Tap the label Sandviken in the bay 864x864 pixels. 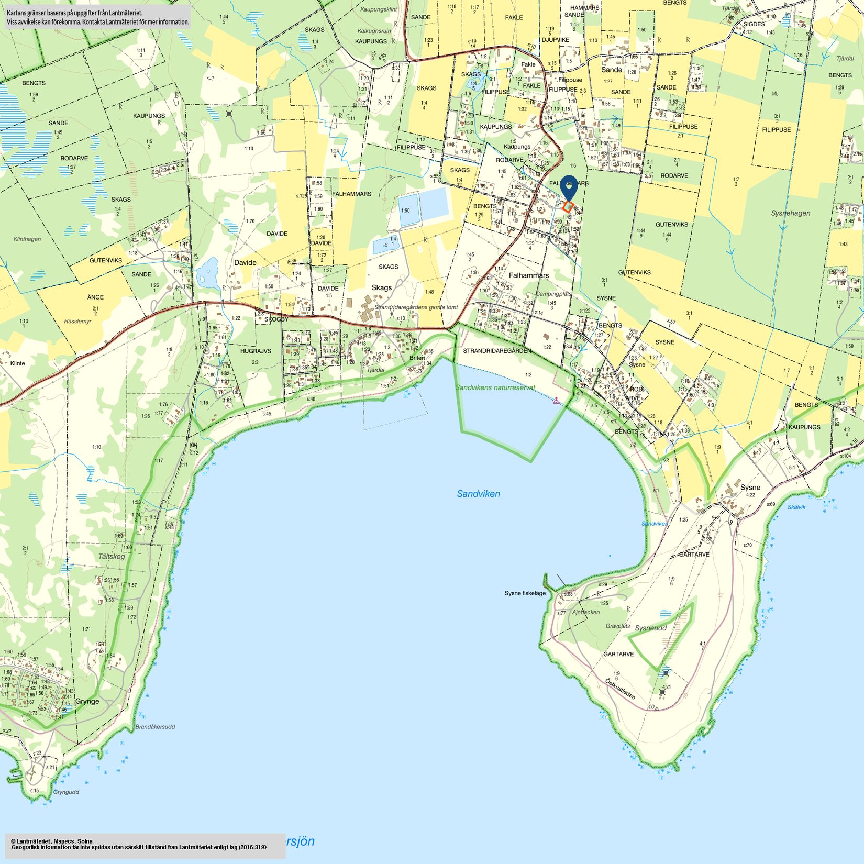point(478,494)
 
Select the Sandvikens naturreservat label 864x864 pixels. point(495,388)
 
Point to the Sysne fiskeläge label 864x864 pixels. point(525,593)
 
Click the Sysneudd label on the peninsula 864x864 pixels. point(650,628)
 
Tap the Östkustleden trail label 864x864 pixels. point(620,689)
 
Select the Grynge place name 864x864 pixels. point(87,701)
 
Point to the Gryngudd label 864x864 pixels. point(66,792)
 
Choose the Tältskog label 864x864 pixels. point(112,556)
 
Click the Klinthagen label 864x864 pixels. point(27,239)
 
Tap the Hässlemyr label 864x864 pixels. point(77,321)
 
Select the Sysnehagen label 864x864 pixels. point(790,213)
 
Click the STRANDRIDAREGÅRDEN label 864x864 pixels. point(497,350)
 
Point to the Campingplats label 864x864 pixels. point(553,294)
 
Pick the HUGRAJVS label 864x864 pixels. point(256,351)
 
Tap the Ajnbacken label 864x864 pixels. point(586,612)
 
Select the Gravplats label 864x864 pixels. point(618,626)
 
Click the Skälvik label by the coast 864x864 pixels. point(796,507)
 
